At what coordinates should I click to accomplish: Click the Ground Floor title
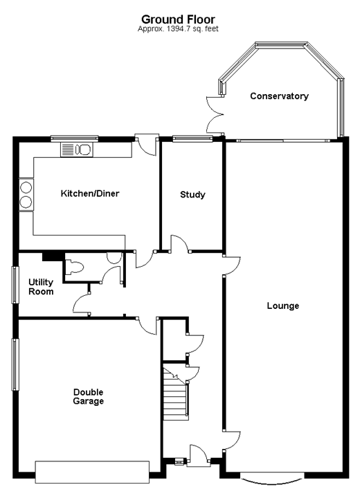[178, 19]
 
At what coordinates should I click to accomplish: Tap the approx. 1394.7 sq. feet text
[178, 29]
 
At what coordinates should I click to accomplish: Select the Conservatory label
[280, 96]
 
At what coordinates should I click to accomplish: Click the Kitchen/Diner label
[90, 193]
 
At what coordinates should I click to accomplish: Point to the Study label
[192, 195]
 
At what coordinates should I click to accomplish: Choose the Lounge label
[283, 306]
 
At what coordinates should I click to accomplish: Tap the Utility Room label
[41, 287]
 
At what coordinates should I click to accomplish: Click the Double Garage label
[89, 397]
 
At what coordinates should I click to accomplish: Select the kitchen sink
[76, 150]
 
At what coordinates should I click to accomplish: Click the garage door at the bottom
[92, 472]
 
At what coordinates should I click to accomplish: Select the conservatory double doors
[215, 114]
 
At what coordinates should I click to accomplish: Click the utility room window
[15, 285]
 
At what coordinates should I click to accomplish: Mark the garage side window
[15, 364]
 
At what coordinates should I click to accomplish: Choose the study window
[192, 138]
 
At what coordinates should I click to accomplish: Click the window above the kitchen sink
[75, 139]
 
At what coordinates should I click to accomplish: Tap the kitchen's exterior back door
[146, 145]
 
